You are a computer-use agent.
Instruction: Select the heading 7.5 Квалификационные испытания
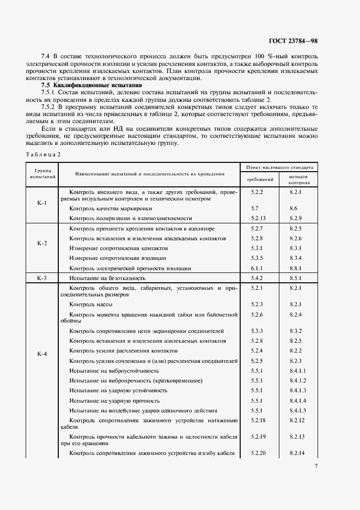point(91,86)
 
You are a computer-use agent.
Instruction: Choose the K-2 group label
point(42,244)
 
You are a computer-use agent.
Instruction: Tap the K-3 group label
point(42,278)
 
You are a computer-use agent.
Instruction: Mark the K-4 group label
point(42,354)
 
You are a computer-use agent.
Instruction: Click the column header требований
point(260,179)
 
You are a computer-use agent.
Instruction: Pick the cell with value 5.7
point(254,209)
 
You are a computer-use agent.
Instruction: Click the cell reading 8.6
point(294,209)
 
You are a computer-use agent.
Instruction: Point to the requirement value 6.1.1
point(257,268)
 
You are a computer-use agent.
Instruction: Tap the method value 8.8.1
point(296,268)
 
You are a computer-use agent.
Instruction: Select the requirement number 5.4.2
point(257,278)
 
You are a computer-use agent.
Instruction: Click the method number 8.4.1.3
point(298,390)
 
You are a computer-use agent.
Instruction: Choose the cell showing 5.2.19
point(259,436)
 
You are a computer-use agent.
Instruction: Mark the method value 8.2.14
point(298,453)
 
